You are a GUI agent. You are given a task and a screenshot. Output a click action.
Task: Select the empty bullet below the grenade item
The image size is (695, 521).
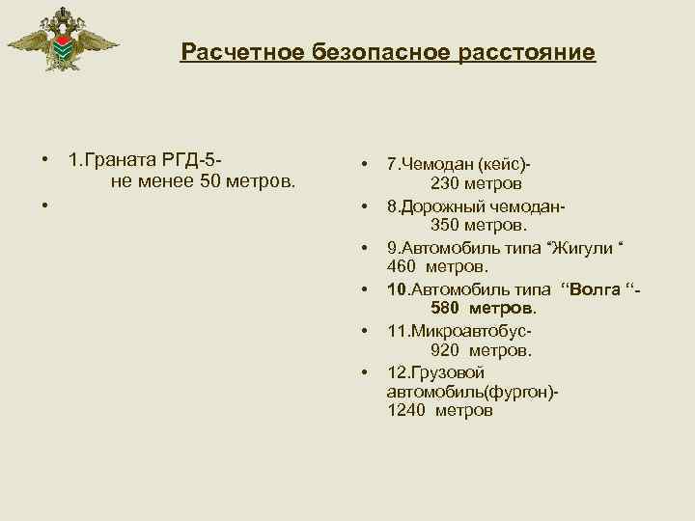click(x=44, y=205)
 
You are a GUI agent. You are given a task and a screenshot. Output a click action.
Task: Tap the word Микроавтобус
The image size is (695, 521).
click(x=472, y=330)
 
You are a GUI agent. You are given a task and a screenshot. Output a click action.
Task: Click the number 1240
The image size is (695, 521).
click(x=405, y=410)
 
